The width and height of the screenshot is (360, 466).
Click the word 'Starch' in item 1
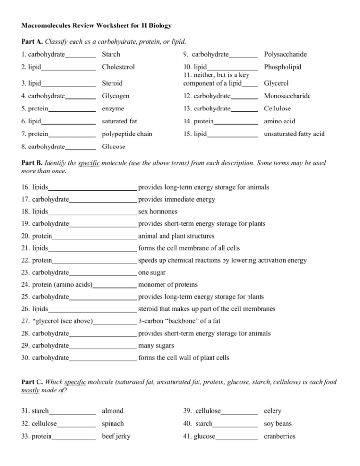coord(111,54)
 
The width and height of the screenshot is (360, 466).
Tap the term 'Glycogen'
coord(115,96)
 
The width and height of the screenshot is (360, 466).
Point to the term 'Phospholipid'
coord(283,67)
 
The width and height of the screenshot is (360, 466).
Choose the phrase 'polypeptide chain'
coord(127,134)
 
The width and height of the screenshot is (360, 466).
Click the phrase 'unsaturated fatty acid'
coord(295,134)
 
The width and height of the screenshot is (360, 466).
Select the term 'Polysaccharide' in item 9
coord(286,54)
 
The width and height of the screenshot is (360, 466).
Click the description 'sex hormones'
coord(158,211)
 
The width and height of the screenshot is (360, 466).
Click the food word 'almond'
coord(112,411)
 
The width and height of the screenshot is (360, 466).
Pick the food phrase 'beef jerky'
coord(116,437)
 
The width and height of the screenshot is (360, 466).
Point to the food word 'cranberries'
coord(280,437)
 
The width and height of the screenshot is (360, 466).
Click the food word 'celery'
coord(273,411)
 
